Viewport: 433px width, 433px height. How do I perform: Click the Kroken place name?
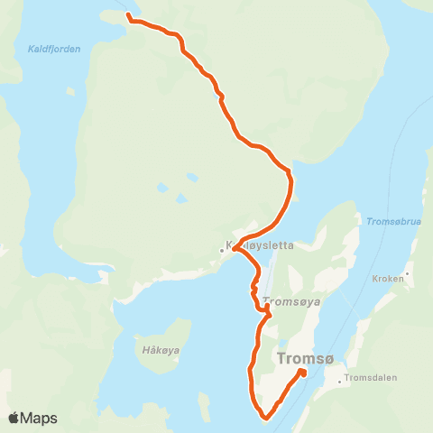pyautogui.click(x=388, y=279)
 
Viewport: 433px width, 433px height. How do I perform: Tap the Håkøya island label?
pyautogui.click(x=161, y=348)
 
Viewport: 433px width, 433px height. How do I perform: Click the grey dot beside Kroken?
pyautogui.click(x=408, y=273)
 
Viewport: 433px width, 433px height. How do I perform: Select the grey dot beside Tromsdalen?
pyautogui.click(x=339, y=381)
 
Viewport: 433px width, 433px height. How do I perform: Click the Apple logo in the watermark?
pyautogui.click(x=14, y=418)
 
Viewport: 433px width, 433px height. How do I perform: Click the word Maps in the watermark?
pyautogui.click(x=40, y=418)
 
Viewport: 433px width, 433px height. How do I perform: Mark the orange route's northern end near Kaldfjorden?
pyautogui.click(x=129, y=16)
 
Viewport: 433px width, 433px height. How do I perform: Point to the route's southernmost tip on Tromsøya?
pyautogui.click(x=267, y=418)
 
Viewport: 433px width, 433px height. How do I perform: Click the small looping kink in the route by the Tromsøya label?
pyautogui.click(x=267, y=309)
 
